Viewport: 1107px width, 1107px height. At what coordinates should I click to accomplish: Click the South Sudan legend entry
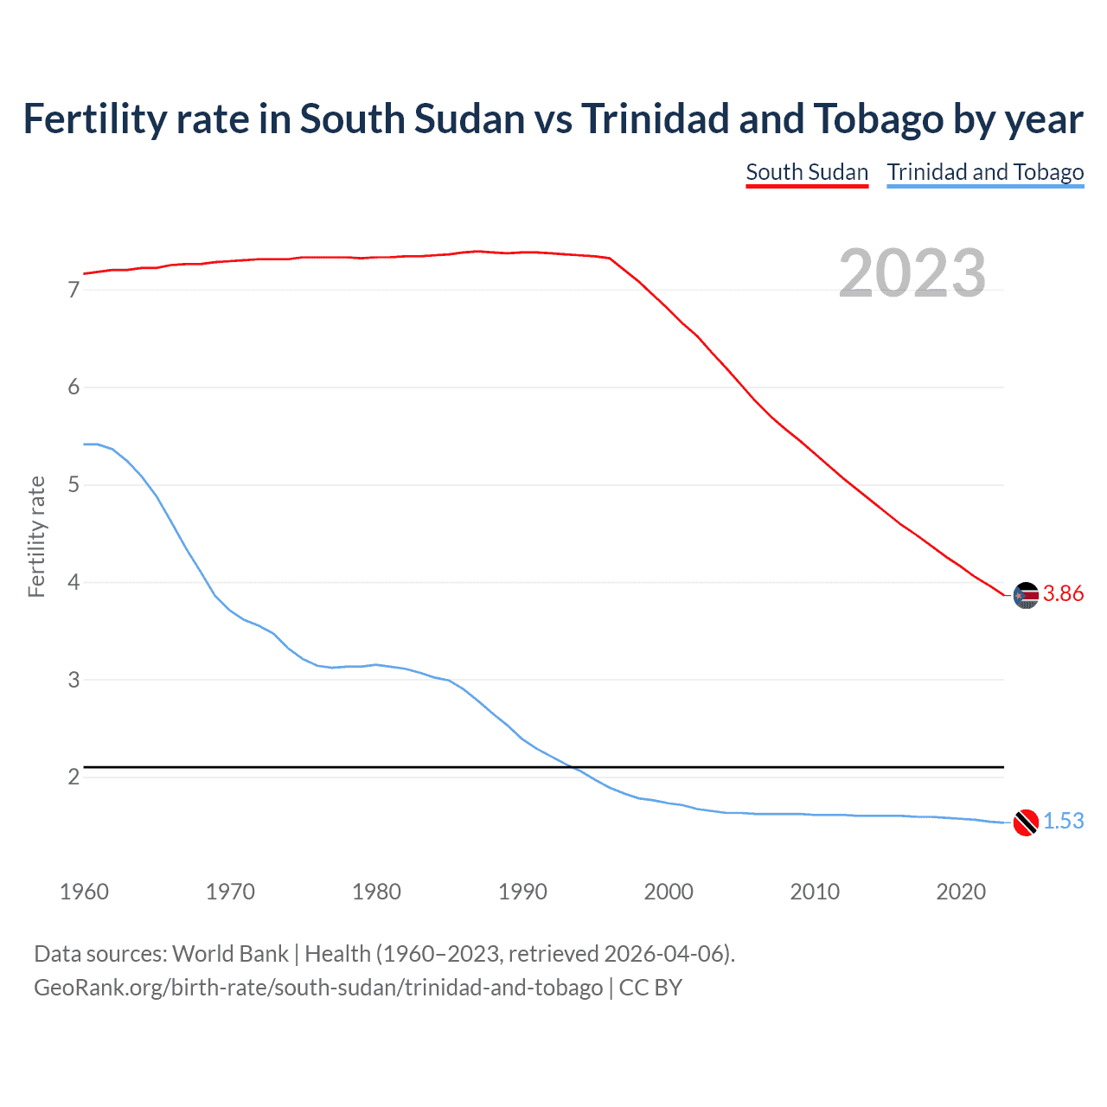(x=806, y=172)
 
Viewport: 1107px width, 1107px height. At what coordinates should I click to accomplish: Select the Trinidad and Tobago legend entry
(x=985, y=172)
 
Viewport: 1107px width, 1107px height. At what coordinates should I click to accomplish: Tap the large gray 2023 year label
(x=912, y=273)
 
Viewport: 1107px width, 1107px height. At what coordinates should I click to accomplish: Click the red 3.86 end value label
(x=1063, y=594)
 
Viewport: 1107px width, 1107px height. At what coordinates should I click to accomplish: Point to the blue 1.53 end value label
(x=1063, y=822)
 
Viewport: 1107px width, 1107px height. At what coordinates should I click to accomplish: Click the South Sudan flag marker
(x=1025, y=595)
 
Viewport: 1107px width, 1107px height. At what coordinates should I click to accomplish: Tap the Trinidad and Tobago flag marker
(x=1025, y=822)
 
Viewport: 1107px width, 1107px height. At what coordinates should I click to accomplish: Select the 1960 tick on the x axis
(x=84, y=892)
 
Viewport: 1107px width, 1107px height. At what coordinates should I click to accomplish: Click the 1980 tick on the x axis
(x=376, y=892)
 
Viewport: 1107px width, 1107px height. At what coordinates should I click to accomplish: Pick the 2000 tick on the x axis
(x=669, y=892)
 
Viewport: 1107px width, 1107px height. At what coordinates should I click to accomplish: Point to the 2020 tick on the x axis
(x=961, y=892)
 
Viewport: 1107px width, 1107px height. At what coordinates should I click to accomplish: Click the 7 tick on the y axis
(x=74, y=290)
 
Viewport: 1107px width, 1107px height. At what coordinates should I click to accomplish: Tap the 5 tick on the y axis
(x=74, y=485)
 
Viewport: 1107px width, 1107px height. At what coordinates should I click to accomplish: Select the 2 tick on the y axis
(x=74, y=777)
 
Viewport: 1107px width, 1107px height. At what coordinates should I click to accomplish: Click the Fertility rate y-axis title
(x=36, y=536)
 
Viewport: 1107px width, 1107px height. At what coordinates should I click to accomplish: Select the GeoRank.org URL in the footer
(x=318, y=988)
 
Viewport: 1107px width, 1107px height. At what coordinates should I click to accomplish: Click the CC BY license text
(x=650, y=988)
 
